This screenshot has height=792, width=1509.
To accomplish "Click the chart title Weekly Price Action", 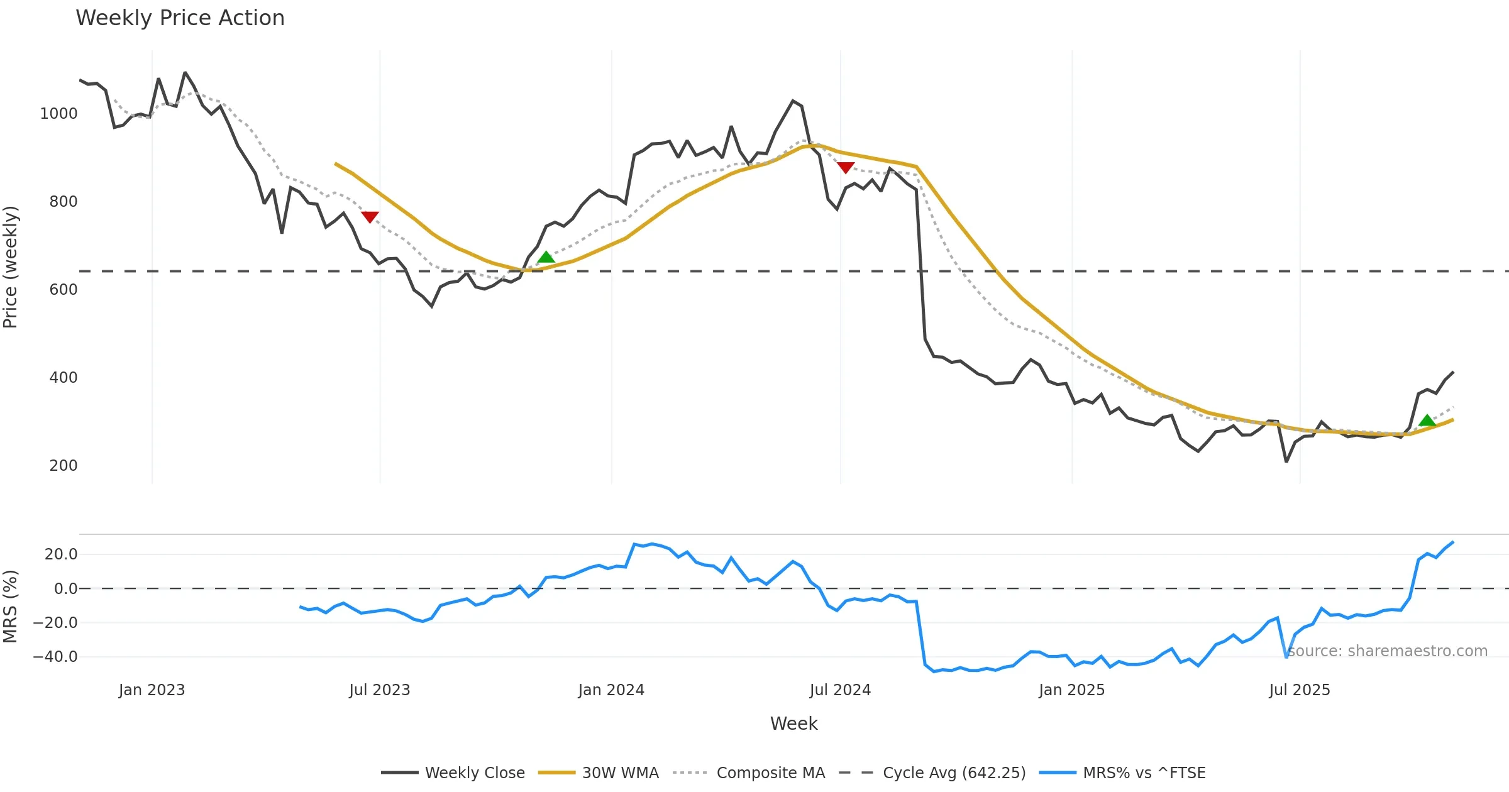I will (x=180, y=18).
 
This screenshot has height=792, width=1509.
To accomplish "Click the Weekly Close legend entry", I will (x=474, y=773).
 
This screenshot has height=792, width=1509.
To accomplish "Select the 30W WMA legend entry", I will (x=620, y=773).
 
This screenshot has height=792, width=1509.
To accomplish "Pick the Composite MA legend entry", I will (x=770, y=773).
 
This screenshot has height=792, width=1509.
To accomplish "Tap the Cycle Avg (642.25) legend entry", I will (x=954, y=773).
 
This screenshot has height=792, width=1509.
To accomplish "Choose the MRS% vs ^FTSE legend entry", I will (x=1144, y=773).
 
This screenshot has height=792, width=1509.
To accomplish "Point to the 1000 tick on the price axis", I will (x=58, y=114).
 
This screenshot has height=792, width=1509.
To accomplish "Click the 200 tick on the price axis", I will (x=63, y=466).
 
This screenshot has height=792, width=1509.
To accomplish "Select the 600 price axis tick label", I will (x=63, y=290).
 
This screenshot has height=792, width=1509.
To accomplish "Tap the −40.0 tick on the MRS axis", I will (x=55, y=657).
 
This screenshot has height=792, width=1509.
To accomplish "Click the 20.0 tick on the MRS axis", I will (x=60, y=554).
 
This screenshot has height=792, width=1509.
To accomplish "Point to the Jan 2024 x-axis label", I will (x=611, y=690).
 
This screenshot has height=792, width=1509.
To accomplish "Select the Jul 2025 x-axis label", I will (x=1300, y=690).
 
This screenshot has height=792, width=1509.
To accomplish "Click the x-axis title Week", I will (x=793, y=723).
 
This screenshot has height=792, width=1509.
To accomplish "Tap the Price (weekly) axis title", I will (x=11, y=267).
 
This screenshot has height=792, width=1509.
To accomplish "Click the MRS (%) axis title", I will (x=11, y=607).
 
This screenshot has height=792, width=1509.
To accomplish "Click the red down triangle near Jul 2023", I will (x=370, y=217).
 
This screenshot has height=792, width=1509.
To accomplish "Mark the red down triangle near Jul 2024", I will (x=846, y=167).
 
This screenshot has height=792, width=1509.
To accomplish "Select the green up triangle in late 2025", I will (x=1427, y=421).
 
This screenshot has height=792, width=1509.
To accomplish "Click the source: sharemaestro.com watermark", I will (x=1387, y=651).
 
